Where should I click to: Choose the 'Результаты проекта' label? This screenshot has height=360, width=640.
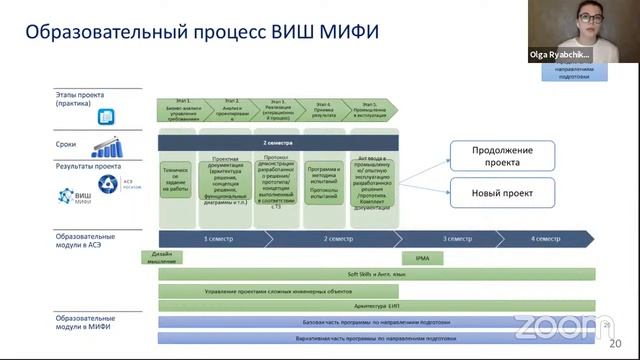pyautogui.click(x=88, y=166)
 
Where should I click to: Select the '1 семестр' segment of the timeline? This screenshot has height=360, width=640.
pyautogui.click(x=219, y=239)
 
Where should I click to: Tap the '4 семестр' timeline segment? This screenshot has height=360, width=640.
pyautogui.click(x=545, y=239)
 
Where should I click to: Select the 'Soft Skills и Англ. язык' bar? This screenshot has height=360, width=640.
pyautogui.click(x=376, y=273)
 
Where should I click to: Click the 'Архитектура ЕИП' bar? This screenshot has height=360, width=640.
pyautogui.click(x=376, y=306)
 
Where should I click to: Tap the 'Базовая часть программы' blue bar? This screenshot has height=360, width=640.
pyautogui.click(x=376, y=322)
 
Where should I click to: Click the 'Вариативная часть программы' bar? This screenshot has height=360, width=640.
pyautogui.click(x=376, y=338)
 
